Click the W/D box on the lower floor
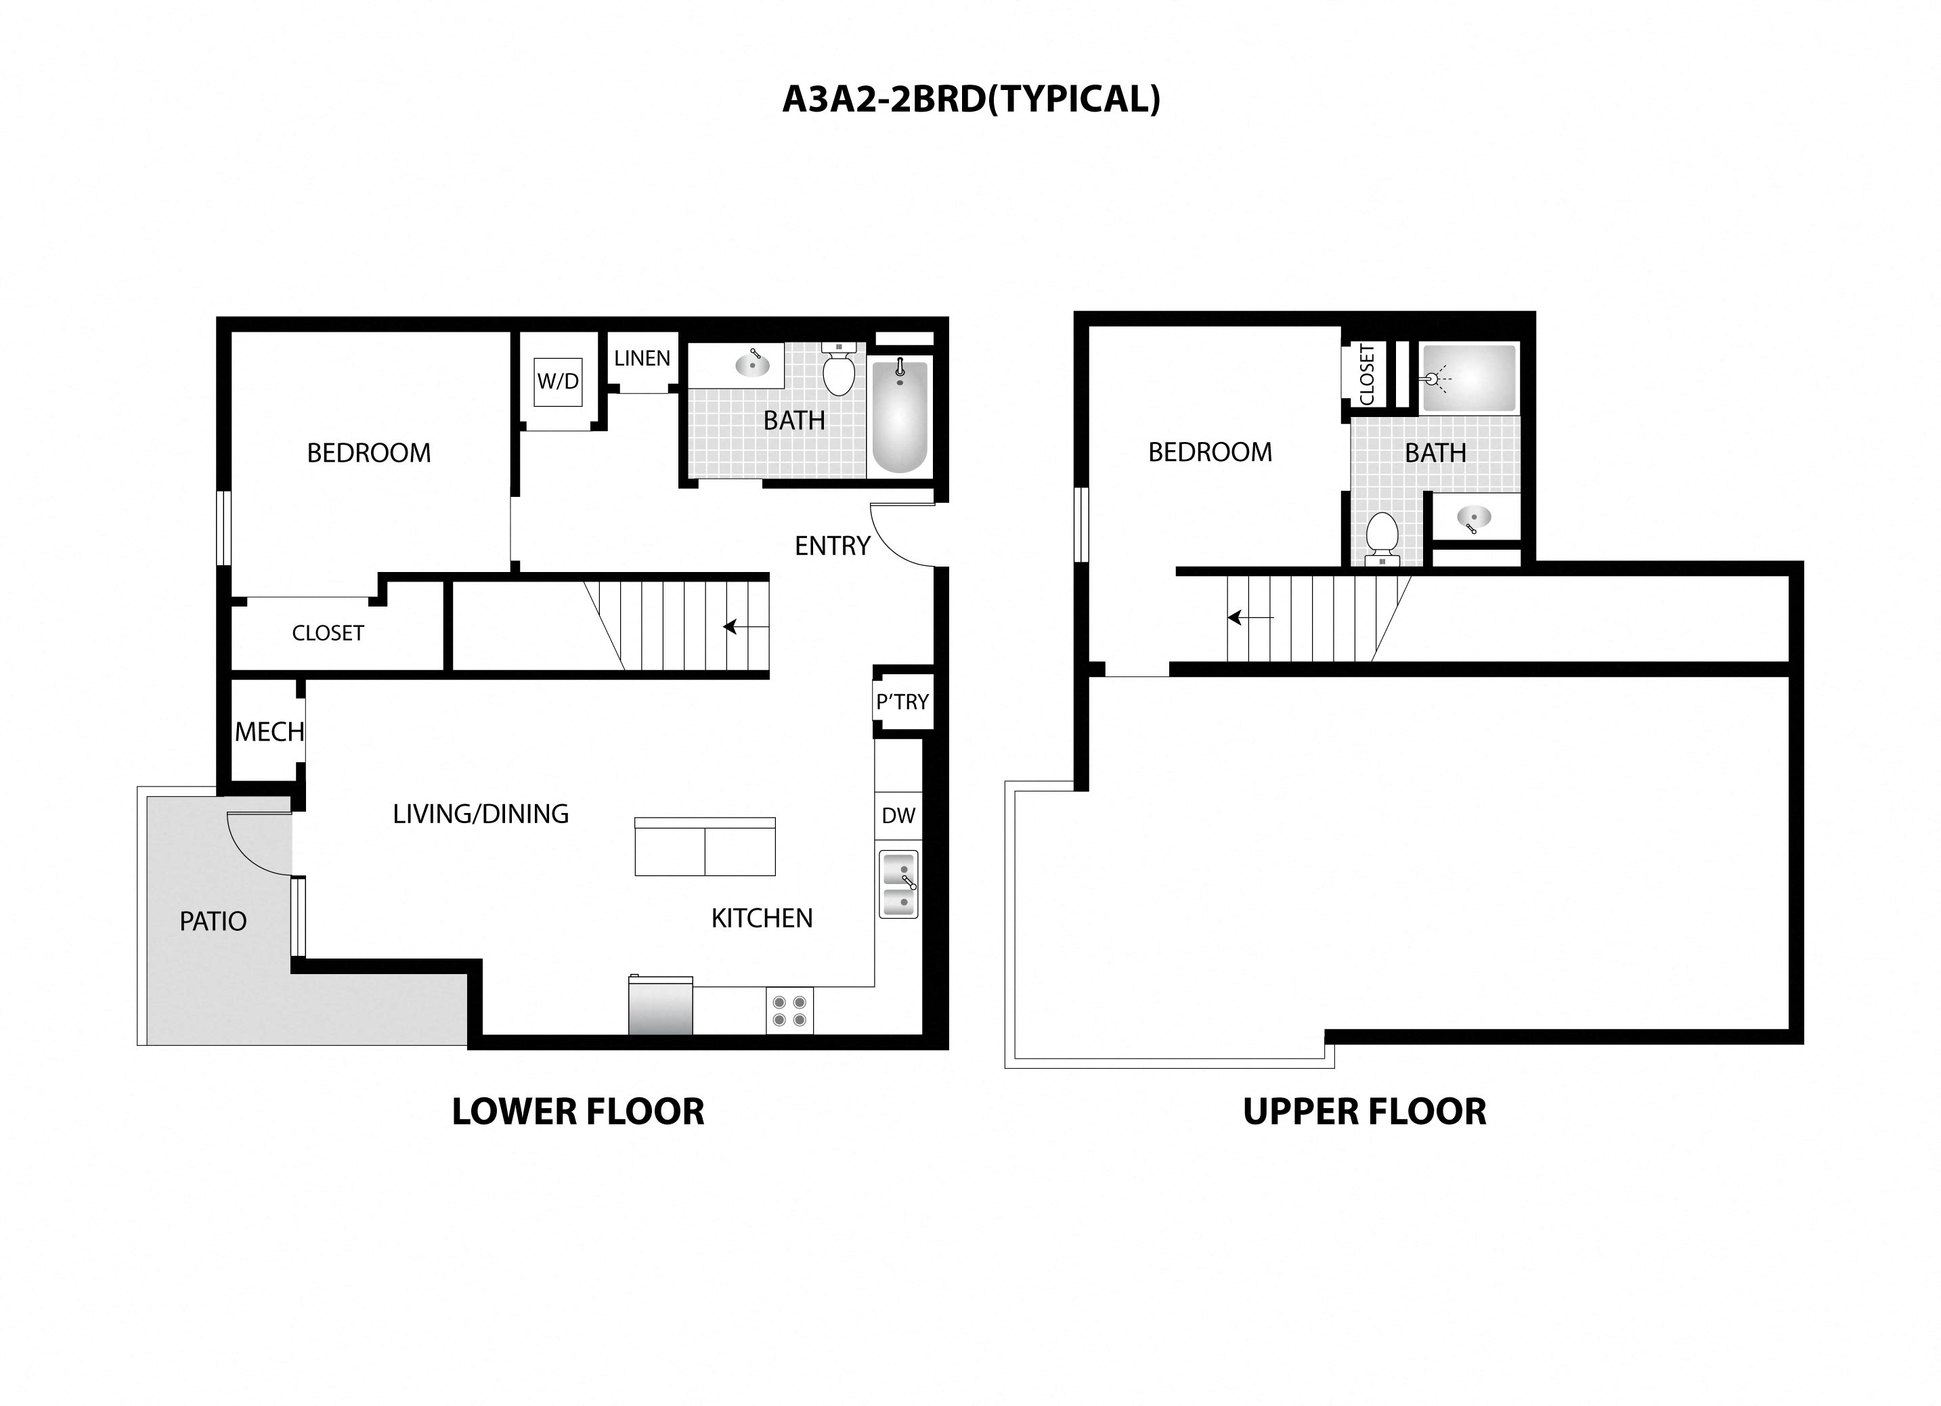(558, 382)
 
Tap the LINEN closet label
(642, 359)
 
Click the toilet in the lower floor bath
(839, 372)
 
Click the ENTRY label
(832, 546)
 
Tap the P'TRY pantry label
(902, 703)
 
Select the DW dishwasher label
(898, 816)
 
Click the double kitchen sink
(898, 884)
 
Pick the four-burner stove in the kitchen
(789, 1011)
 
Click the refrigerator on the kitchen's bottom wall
(661, 1007)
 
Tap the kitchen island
(704, 848)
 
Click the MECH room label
(269, 732)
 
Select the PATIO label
(213, 921)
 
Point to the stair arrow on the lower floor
(745, 628)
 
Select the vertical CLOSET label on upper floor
(1367, 375)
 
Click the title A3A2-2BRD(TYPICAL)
(972, 100)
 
